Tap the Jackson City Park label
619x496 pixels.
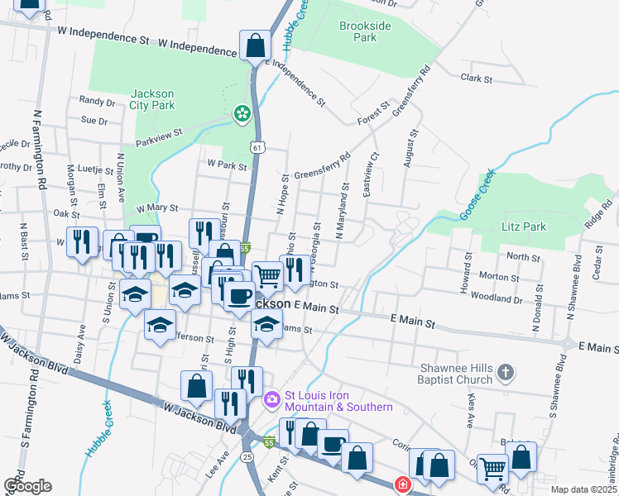[152, 99]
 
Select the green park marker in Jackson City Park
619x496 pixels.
[242, 113]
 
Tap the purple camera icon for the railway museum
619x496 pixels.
[271, 401]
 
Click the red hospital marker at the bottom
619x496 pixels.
[401, 484]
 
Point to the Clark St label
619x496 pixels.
[477, 79]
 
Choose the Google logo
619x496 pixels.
[27, 485]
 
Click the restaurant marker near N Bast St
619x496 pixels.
[82, 241]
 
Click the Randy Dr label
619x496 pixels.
[97, 102]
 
